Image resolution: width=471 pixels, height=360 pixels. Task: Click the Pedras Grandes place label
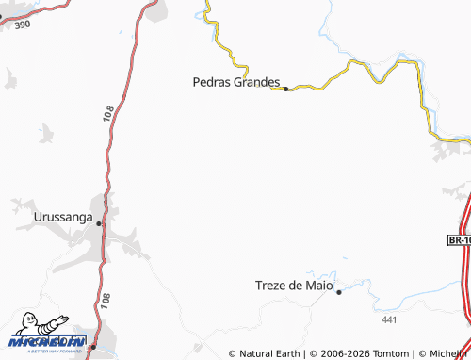(x=235, y=82)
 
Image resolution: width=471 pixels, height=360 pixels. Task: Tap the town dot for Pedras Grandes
(x=285, y=89)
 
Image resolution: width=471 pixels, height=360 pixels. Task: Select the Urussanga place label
(x=63, y=217)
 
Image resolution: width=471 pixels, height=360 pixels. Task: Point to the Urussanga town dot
(x=98, y=223)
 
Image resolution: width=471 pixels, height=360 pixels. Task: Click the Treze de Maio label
(x=295, y=285)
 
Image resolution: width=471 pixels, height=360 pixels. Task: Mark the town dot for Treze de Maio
(x=339, y=292)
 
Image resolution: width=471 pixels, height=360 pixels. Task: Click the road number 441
(x=390, y=321)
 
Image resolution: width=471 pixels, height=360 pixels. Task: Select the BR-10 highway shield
(x=459, y=241)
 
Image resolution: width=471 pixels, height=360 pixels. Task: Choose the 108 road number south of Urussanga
(x=104, y=301)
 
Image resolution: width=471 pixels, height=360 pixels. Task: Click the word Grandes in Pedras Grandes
(x=256, y=82)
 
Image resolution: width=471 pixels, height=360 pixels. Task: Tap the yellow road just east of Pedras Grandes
(x=311, y=88)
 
